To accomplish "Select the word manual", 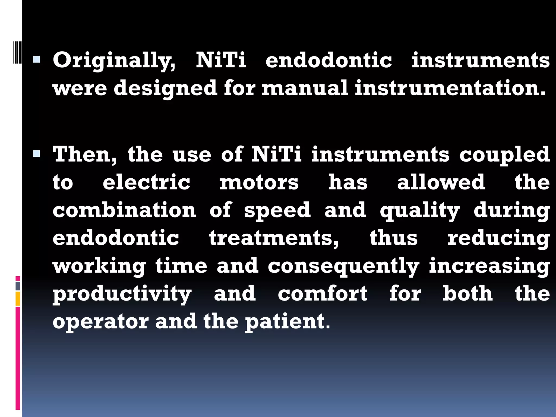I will coord(305,88).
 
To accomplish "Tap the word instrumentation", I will coord(450,88).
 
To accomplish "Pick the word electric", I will coord(146,182).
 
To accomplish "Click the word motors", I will coord(259,183).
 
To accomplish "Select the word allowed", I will coord(441,182).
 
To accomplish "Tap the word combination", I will coord(124,210).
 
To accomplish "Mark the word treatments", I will coord(274,238).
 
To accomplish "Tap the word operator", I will coord(100,322).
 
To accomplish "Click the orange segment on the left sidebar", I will coord(18,299).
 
